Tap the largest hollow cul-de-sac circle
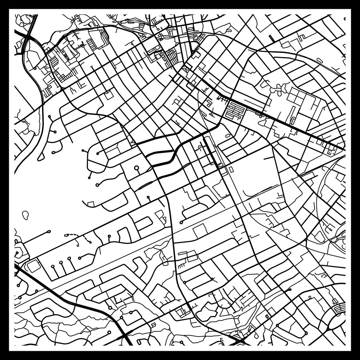(x=136, y=168)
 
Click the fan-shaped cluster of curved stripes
(x=339, y=308)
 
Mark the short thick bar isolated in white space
(x=271, y=38)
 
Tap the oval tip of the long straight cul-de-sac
(x=49, y=231)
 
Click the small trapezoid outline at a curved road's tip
(x=91, y=204)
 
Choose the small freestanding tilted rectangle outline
(x=231, y=169)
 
